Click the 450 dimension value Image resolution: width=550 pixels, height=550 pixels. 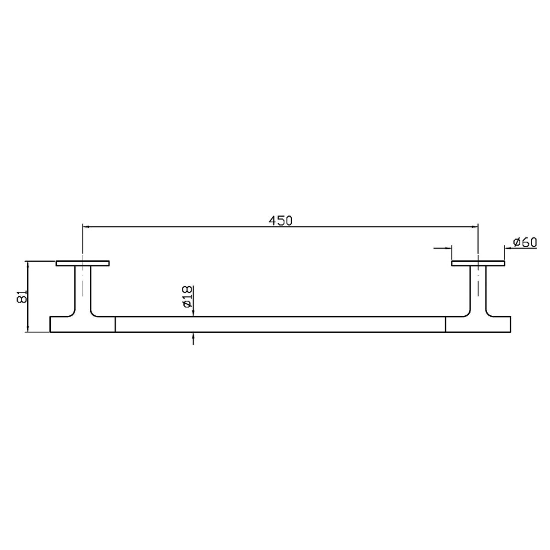280,220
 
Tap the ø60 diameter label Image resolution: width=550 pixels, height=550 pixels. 525,242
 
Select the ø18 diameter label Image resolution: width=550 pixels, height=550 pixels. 187,297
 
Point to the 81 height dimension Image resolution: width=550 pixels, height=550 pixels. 22,297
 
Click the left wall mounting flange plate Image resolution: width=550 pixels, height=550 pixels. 82,263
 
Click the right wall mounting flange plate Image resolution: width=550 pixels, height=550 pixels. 478,263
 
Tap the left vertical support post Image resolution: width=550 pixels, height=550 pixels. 83,288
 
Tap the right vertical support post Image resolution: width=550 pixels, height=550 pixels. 478,288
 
